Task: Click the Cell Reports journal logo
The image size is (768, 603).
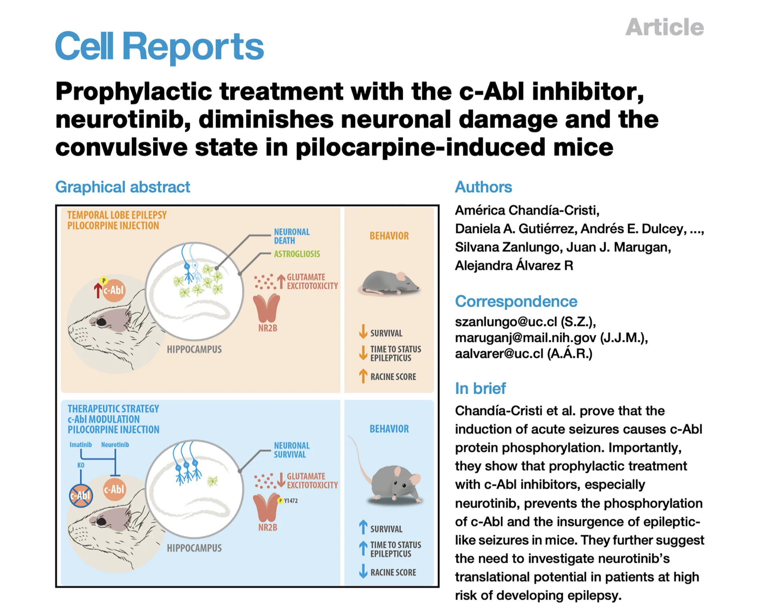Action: (x=159, y=47)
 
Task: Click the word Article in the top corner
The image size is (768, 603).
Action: (x=664, y=27)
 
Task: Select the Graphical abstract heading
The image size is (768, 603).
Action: (x=122, y=187)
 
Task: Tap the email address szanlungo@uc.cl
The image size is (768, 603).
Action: (x=506, y=322)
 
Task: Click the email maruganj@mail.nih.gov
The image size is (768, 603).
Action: (x=525, y=338)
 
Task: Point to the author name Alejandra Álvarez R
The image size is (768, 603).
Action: (x=514, y=265)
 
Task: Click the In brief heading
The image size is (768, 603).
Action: (x=480, y=388)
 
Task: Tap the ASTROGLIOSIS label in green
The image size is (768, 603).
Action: (x=297, y=254)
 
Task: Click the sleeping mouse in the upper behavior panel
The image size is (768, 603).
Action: (x=389, y=283)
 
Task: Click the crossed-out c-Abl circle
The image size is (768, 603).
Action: (x=81, y=495)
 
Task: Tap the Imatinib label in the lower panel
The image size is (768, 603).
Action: (x=80, y=445)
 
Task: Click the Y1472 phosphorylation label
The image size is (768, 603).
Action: (x=290, y=501)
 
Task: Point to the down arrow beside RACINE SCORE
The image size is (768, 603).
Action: (x=363, y=571)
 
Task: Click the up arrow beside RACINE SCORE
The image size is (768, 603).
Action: (x=363, y=376)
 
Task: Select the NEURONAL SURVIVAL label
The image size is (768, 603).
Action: (x=291, y=450)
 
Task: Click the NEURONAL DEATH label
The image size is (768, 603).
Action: (x=291, y=236)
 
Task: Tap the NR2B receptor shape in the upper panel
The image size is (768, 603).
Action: (x=267, y=308)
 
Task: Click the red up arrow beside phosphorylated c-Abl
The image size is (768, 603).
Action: (x=98, y=290)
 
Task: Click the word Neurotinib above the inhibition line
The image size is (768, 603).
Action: (x=115, y=445)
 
